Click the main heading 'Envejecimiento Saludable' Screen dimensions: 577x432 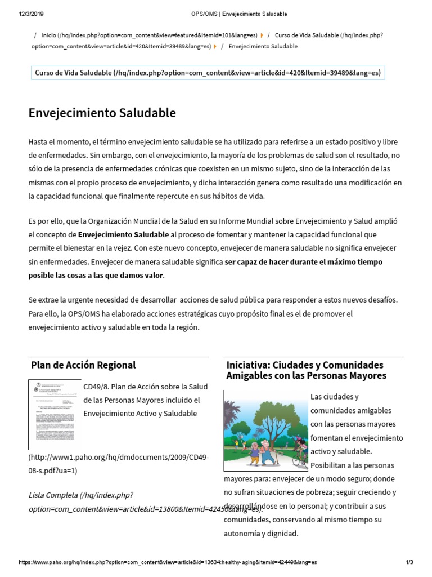(x=102, y=113)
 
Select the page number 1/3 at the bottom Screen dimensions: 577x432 (x=409, y=562)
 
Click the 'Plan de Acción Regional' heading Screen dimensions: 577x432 (x=83, y=365)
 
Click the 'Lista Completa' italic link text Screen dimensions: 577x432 (x=53, y=495)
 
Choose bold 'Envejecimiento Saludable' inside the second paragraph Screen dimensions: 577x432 (x=123, y=234)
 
